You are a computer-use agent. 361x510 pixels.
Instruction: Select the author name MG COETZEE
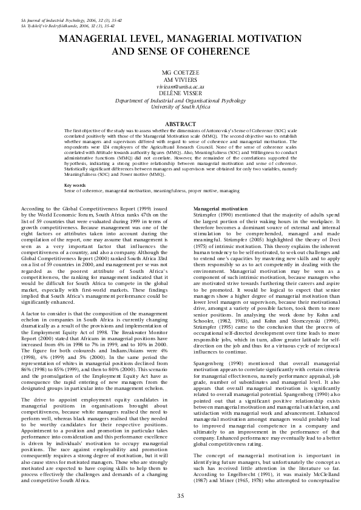click(x=180, y=73)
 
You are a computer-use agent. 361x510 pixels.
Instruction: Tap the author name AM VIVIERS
click(x=180, y=80)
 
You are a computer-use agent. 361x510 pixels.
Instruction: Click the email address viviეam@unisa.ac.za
click(x=180, y=87)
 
